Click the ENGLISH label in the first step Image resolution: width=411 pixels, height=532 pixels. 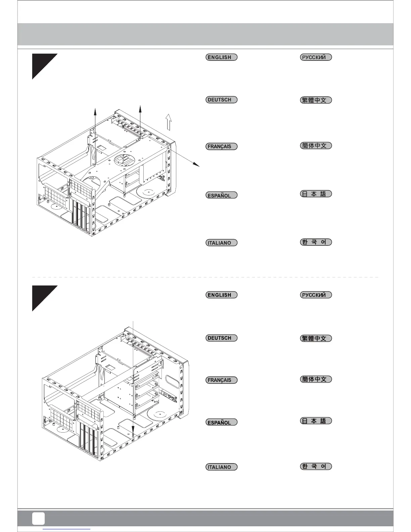221,57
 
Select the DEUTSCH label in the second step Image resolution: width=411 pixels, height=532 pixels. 221,338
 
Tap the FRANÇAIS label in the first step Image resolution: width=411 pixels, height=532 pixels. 221,146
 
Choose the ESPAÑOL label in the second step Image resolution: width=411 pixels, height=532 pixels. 221,423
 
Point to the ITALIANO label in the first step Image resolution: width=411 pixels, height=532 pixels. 221,243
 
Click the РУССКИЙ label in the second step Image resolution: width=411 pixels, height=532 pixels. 316,295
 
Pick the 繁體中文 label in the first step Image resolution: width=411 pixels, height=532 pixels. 316,100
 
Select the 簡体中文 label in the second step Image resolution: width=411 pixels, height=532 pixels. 316,379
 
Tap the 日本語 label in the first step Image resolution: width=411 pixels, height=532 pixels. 316,194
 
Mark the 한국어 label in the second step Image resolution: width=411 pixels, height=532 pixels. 316,466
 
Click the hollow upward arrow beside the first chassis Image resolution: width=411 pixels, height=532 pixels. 169,122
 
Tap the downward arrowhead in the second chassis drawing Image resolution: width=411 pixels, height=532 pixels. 133,431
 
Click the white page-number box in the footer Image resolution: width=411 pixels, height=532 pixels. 38,518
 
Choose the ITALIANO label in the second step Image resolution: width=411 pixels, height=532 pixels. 221,467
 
